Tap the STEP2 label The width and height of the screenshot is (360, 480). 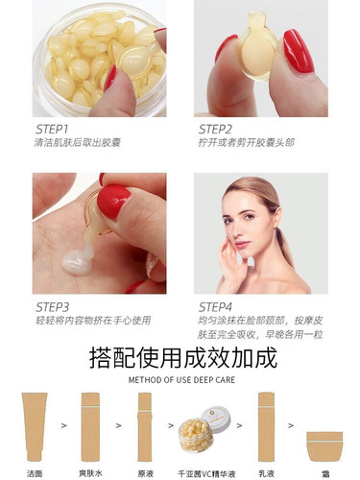[x=217, y=128]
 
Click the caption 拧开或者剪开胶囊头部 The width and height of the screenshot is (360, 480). [x=241, y=142]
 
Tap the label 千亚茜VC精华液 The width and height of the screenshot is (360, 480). [x=205, y=472]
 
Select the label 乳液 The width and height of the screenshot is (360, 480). [x=268, y=472]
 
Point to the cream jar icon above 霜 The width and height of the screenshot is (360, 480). [x=324, y=446]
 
